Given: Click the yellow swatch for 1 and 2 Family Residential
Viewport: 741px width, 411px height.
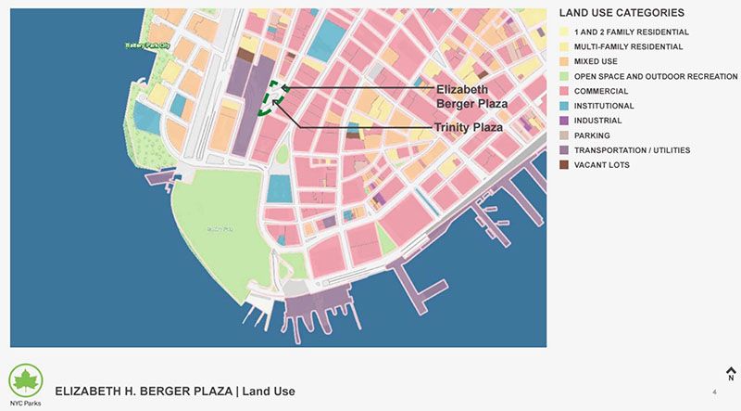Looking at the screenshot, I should pyautogui.click(x=564, y=32).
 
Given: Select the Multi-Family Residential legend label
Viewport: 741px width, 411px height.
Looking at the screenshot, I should pyautogui.click(x=630, y=46).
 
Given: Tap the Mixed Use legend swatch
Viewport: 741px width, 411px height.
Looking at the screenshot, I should pyautogui.click(x=564, y=62).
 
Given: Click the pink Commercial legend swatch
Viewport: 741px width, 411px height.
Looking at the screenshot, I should pyautogui.click(x=564, y=92).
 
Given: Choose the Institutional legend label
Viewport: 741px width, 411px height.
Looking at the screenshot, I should pyautogui.click(x=604, y=106).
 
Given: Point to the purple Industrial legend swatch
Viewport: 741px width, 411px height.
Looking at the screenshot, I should pyautogui.click(x=564, y=122).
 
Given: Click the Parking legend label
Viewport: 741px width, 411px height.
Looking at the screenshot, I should pyautogui.click(x=593, y=135).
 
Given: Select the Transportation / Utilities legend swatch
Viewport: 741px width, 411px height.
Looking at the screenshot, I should pyautogui.click(x=564, y=151).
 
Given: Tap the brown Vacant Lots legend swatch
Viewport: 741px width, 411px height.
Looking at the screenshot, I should pyautogui.click(x=564, y=166).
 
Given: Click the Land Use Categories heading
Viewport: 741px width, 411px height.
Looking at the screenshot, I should pyautogui.click(x=622, y=14).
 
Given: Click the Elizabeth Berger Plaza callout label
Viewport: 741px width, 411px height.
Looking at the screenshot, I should pyautogui.click(x=471, y=96).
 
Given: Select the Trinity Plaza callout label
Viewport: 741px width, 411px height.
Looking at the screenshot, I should pyautogui.click(x=469, y=127).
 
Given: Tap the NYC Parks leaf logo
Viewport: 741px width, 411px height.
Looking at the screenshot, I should pyautogui.click(x=25, y=380).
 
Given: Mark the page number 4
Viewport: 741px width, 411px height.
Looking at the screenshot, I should pyautogui.click(x=714, y=392).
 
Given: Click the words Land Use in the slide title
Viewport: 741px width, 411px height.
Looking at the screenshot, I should pyautogui.click(x=269, y=392).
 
